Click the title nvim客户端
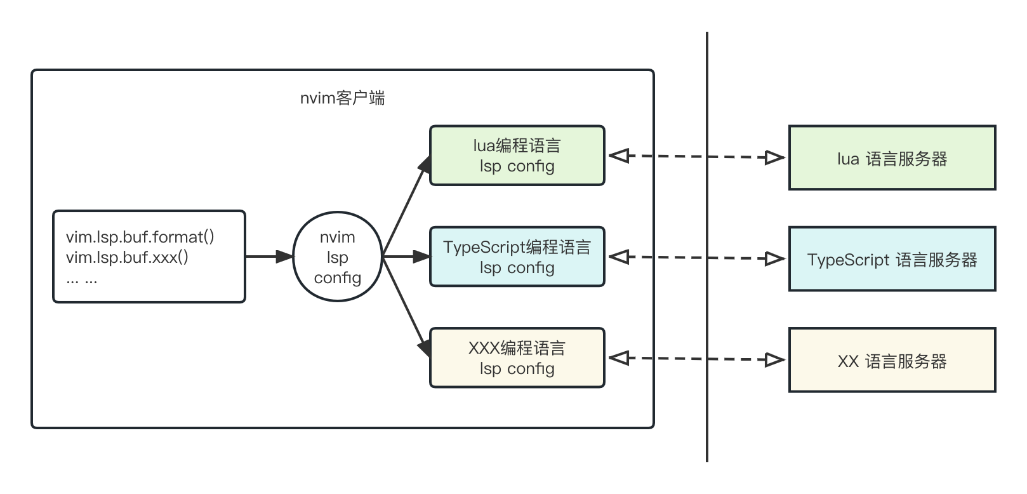[x=342, y=98]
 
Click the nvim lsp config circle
[x=337, y=257]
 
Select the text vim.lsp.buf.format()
[x=140, y=237]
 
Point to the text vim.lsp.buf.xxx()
[x=127, y=257]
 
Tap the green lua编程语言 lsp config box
[x=517, y=156]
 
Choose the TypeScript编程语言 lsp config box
[x=517, y=257]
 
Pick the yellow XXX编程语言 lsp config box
[x=517, y=358]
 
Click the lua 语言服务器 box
[x=892, y=158]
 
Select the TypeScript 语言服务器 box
[x=892, y=259]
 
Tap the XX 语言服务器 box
[x=892, y=361]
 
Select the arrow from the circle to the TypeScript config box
[x=406, y=257]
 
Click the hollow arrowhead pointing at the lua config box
[x=618, y=156]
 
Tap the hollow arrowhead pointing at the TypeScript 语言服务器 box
[x=775, y=258]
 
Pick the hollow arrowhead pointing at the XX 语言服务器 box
[x=775, y=360]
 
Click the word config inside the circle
[x=337, y=278]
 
